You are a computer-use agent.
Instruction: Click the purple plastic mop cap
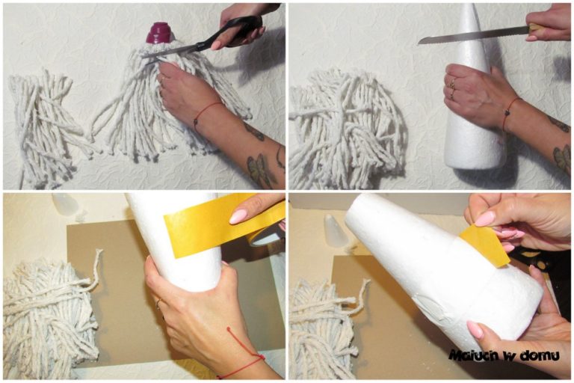coord(161,33)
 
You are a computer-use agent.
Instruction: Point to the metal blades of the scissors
coord(172,53)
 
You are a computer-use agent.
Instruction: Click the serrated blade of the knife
coord(473,35)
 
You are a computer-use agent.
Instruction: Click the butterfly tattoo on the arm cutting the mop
coord(261,170)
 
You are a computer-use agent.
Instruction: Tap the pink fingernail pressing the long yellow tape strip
coord(238,217)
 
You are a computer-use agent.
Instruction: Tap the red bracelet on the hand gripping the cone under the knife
coord(510,112)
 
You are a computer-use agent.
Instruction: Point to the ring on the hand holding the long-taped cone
coord(158,303)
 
